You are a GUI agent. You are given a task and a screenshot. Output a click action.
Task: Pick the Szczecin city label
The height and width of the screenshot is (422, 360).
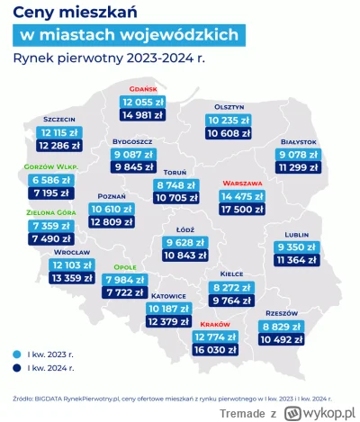(59, 120)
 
